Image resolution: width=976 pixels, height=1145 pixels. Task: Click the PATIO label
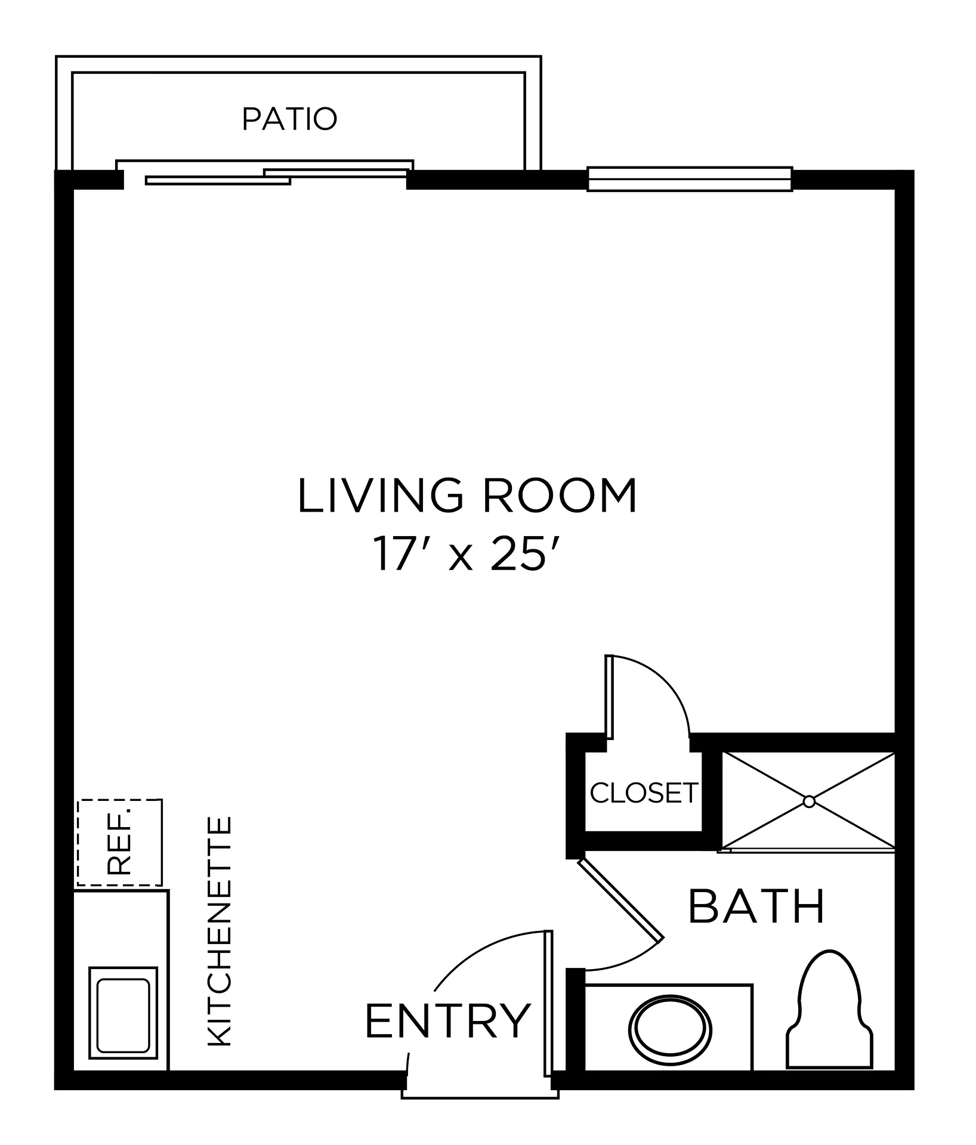[x=289, y=119]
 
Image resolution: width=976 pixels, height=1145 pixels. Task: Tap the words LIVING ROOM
[x=467, y=496]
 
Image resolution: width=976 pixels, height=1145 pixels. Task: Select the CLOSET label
[x=644, y=793]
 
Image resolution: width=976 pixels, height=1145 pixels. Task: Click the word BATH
[x=756, y=906]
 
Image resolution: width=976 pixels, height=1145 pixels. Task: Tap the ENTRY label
[x=447, y=1020]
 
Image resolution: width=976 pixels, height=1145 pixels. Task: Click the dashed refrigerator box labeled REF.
[x=119, y=842]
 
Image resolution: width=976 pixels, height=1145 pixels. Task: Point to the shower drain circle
[x=809, y=801]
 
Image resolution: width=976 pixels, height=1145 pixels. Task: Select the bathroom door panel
[x=620, y=900]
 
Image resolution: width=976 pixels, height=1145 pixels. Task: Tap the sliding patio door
[x=265, y=173]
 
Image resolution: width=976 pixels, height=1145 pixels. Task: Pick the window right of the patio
[x=690, y=179]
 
